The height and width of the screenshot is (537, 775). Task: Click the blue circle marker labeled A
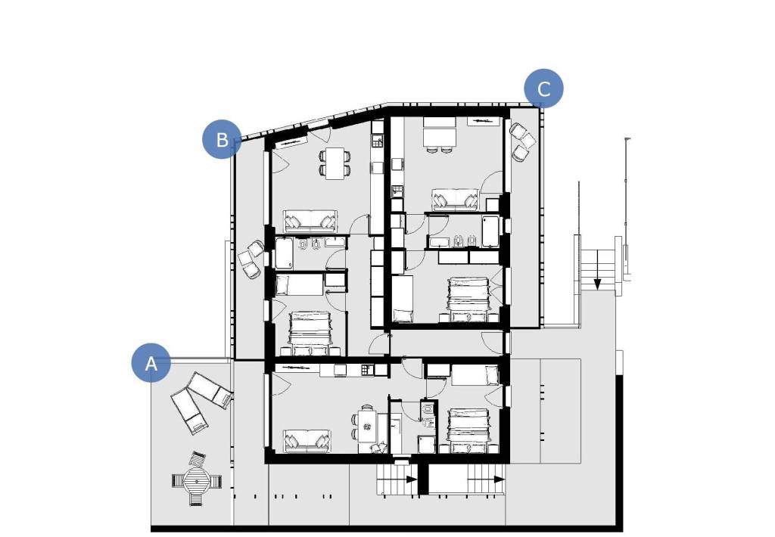tap(151, 362)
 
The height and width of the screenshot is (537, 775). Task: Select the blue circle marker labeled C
tap(543, 88)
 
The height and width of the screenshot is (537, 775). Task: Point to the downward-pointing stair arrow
tap(597, 270)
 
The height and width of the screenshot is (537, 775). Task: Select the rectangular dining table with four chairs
tap(335, 163)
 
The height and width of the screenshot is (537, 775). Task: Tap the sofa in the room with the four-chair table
tap(310, 221)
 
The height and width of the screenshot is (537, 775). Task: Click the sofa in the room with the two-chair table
tap(455, 200)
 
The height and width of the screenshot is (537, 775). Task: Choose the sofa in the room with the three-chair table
tap(307, 441)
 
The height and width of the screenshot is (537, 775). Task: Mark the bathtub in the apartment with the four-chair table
tap(285, 253)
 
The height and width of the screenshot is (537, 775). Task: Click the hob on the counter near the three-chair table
tap(366, 370)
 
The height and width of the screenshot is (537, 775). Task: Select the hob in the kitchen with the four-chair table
tap(378, 142)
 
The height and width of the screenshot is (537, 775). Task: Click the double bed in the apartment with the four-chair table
tap(310, 333)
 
